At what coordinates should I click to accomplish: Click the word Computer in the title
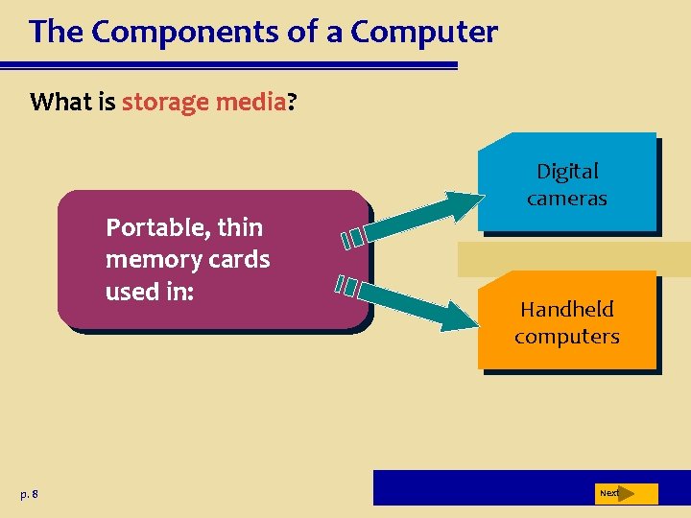424,33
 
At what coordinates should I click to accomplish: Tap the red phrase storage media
203,102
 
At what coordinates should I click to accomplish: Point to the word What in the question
60,102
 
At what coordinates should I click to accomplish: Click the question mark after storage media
292,102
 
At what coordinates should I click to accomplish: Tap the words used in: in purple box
150,292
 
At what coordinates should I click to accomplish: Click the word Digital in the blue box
567,172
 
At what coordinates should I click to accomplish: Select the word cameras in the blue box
567,199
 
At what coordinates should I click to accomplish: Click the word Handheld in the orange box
567,310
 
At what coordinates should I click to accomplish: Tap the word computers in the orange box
567,337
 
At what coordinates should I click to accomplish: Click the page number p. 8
29,494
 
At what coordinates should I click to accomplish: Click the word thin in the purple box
241,228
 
